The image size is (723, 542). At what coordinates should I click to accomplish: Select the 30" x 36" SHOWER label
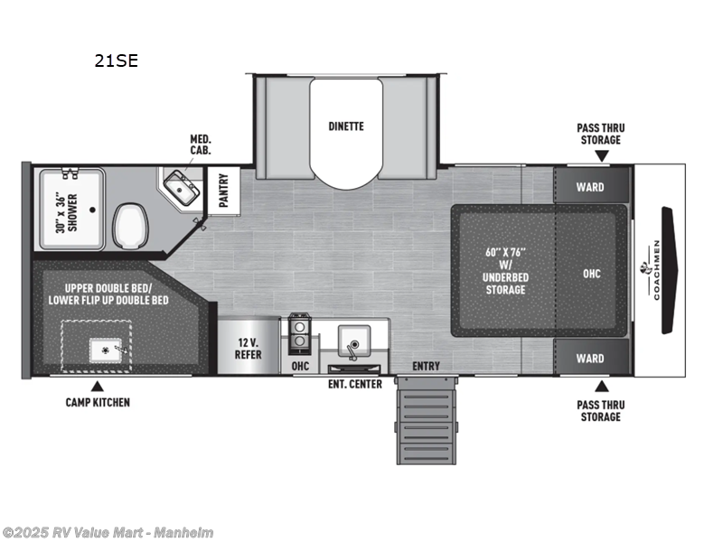(x=66, y=213)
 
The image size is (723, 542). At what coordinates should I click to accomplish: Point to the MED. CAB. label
(x=200, y=145)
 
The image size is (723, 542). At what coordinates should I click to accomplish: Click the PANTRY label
(x=223, y=191)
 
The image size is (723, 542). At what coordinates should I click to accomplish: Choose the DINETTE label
(x=346, y=126)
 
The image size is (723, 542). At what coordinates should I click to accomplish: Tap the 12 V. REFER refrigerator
(x=248, y=348)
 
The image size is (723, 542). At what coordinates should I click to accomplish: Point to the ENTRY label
(x=427, y=366)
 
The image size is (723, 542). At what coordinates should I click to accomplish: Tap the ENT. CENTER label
(x=354, y=384)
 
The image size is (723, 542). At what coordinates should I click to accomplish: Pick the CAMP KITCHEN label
(x=98, y=402)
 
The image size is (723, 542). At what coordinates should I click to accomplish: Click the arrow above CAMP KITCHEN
(x=97, y=386)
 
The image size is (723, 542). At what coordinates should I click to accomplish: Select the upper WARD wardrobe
(x=590, y=187)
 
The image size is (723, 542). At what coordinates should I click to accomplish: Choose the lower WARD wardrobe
(x=590, y=359)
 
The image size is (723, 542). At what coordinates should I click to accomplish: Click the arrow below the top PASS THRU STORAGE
(x=600, y=156)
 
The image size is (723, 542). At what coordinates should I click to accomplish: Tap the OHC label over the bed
(x=592, y=274)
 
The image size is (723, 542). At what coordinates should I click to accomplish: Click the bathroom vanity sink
(x=185, y=190)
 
